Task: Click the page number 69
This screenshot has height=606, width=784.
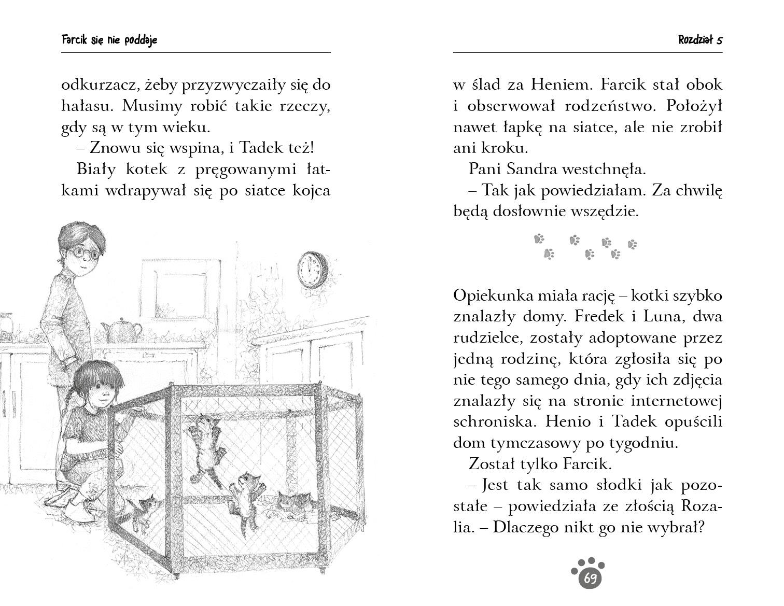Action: (x=590, y=578)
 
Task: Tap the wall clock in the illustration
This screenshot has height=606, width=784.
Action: (x=313, y=270)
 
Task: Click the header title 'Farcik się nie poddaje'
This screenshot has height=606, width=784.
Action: (x=109, y=40)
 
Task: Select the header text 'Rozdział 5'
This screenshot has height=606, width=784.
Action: (x=700, y=40)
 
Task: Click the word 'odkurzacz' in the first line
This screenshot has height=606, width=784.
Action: (x=98, y=85)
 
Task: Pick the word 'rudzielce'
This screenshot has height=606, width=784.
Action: (x=484, y=338)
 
